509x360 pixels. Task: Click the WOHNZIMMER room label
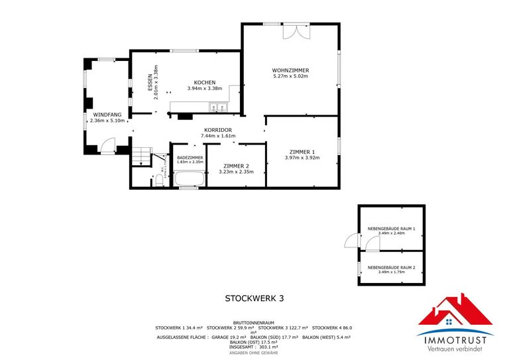click(x=290, y=70)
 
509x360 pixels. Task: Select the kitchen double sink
click(x=219, y=107)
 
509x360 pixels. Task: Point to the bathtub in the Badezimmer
click(x=189, y=178)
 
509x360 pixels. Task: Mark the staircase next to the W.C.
click(x=141, y=156)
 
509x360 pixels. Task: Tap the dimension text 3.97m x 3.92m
click(x=302, y=158)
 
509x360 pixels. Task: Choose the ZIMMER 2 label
click(x=236, y=166)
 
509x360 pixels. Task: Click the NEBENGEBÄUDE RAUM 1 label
click(x=391, y=229)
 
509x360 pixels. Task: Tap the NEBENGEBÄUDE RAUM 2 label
click(x=391, y=267)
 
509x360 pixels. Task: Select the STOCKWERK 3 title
click(x=254, y=298)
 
